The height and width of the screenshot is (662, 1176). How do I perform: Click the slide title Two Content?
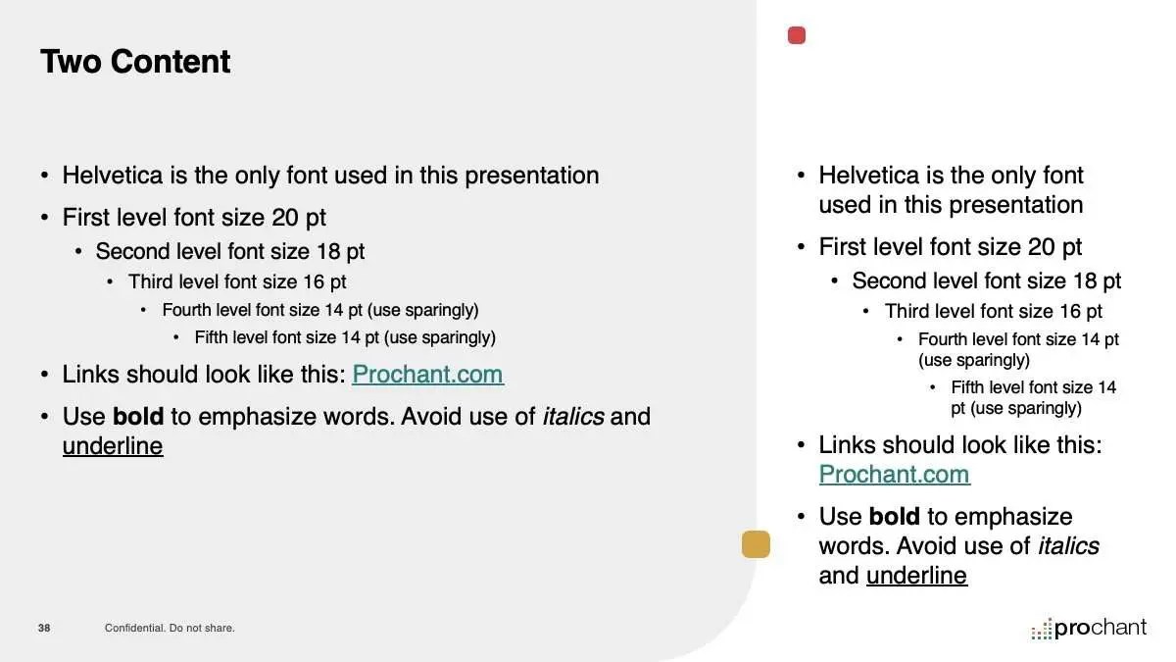(x=135, y=62)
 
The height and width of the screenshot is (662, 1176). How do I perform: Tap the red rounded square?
(x=797, y=35)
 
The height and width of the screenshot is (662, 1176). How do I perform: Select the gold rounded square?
(x=756, y=543)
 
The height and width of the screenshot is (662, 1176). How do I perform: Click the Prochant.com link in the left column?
(x=428, y=374)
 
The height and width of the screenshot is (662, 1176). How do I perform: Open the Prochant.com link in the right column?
(x=894, y=475)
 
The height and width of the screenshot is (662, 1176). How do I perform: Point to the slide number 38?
(x=44, y=628)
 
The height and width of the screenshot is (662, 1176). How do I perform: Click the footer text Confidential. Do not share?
(x=170, y=628)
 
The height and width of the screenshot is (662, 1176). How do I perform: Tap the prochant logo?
(x=1089, y=629)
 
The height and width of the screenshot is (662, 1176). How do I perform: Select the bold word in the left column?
(x=138, y=416)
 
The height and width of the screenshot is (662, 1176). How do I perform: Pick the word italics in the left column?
(x=573, y=416)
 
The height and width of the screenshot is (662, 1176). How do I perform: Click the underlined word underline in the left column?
(x=113, y=446)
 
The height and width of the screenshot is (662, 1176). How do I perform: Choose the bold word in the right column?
(x=895, y=516)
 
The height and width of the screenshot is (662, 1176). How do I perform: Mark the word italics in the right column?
(x=1068, y=546)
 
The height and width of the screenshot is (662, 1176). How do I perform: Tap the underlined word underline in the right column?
(x=916, y=576)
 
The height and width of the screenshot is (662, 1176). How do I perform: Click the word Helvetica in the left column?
(x=113, y=175)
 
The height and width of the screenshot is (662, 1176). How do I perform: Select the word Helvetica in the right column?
(x=869, y=175)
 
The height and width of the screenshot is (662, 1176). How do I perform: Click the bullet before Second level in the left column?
(x=78, y=252)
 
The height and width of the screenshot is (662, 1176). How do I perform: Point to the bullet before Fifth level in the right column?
(x=932, y=387)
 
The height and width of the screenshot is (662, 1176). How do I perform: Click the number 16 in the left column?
(x=314, y=282)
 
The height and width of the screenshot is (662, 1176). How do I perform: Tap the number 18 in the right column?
(x=1085, y=281)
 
